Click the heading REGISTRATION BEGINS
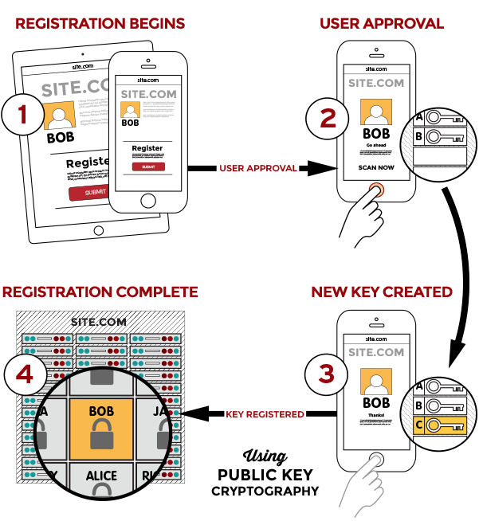point(100,23)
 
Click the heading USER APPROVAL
point(382,23)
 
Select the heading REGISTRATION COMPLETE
point(100,292)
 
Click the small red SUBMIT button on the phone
point(148,166)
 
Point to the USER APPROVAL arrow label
point(257,168)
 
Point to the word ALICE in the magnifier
point(101,476)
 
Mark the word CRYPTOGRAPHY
point(265,492)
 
